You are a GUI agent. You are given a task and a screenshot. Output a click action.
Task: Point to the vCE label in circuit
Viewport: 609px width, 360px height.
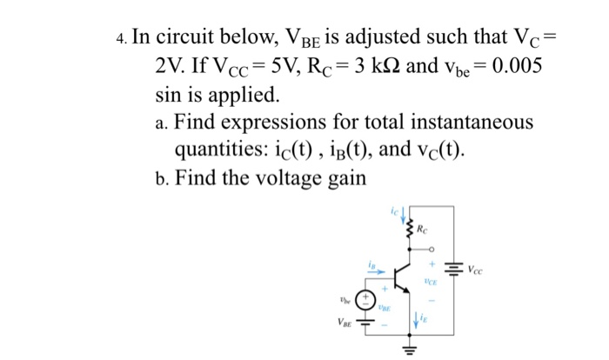[429, 282]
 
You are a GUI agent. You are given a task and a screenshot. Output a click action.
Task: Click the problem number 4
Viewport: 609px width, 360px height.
[120, 39]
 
